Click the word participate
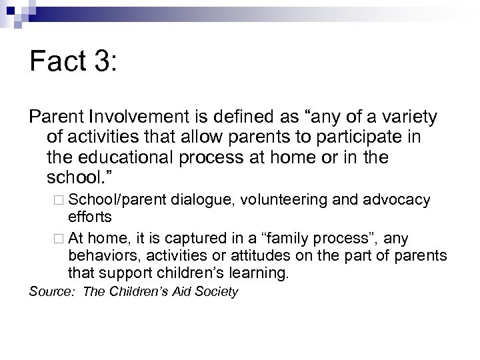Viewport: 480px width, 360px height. (353, 139)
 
